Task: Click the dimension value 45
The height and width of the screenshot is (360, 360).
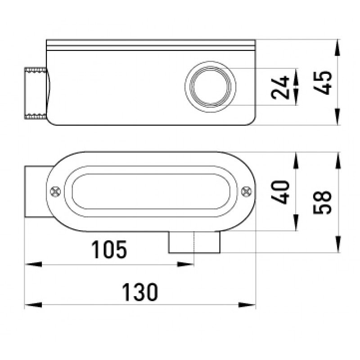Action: click(x=324, y=82)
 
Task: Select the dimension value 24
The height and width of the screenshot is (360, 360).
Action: click(x=281, y=87)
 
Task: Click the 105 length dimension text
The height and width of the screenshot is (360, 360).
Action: click(x=109, y=250)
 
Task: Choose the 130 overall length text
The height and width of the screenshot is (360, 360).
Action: click(x=140, y=292)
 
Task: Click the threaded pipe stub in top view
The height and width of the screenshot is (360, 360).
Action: click(x=35, y=94)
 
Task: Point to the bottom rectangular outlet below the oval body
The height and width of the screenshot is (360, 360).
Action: click(x=194, y=243)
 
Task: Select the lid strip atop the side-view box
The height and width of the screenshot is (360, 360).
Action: click(x=151, y=45)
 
